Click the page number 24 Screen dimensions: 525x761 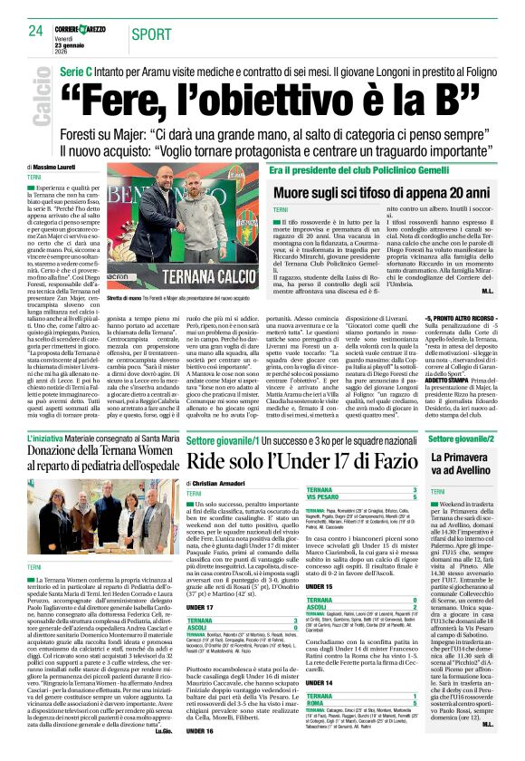[35, 31]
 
